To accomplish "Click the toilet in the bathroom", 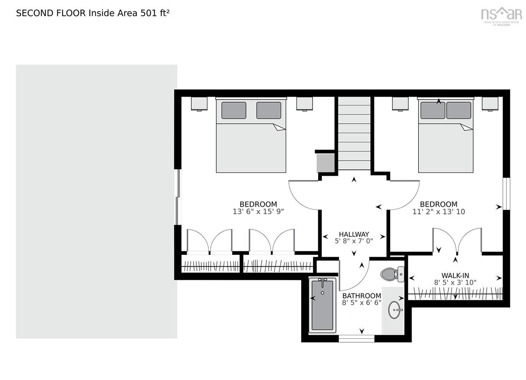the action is (x=392, y=274).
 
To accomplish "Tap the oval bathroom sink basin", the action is (x=394, y=310).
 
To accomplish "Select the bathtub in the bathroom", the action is (x=323, y=305).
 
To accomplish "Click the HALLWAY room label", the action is (x=354, y=234).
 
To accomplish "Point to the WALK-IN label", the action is (x=455, y=276).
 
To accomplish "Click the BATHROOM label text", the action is (x=362, y=296).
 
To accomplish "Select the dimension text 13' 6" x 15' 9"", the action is (x=258, y=212).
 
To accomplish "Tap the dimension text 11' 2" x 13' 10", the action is (x=439, y=212).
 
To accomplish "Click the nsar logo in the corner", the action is (x=501, y=16).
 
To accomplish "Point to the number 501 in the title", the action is (x=149, y=13).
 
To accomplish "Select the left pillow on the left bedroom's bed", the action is (x=234, y=110).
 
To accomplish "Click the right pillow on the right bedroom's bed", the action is (x=458, y=110).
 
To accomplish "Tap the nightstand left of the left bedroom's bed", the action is (x=199, y=104).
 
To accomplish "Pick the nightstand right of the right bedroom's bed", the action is (x=490, y=104).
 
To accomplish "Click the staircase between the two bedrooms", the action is (x=354, y=133).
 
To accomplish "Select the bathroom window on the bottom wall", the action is (x=356, y=339).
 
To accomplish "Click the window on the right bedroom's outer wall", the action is (x=507, y=194).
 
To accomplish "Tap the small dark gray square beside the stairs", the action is (x=325, y=163).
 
